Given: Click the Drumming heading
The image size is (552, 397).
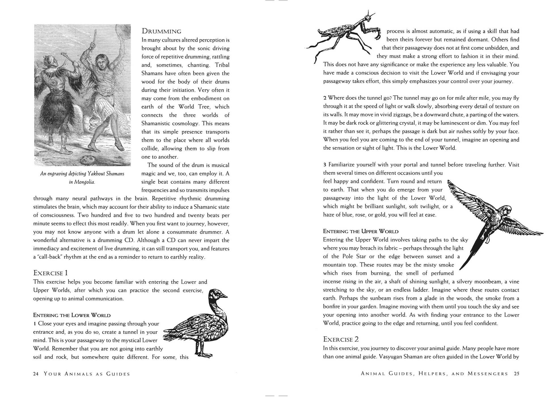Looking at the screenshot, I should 161,31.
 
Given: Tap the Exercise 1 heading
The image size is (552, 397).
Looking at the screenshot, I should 50,273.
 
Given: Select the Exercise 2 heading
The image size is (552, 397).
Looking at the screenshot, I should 341,339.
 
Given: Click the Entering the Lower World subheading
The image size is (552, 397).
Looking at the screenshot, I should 72,315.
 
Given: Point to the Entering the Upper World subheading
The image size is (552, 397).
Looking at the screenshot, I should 361,231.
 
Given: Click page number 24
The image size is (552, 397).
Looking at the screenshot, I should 36,374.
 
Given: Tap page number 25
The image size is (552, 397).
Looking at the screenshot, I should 517,373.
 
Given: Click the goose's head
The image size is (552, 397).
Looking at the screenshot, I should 218,294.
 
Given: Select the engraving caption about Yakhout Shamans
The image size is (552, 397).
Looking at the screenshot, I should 82,178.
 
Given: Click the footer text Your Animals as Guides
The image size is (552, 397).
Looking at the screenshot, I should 87,374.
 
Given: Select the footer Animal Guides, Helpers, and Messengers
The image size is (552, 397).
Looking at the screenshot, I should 434,373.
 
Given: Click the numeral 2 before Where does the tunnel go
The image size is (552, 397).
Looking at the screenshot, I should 325,98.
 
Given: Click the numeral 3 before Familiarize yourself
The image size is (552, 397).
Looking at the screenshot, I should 325,165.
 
